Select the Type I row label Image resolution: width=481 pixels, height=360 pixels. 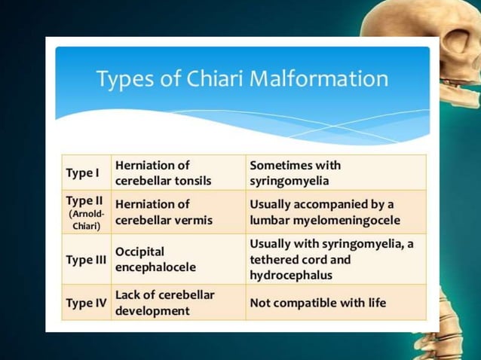pyautogui.click(x=83, y=173)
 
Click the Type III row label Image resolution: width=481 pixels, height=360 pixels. pyautogui.click(x=86, y=260)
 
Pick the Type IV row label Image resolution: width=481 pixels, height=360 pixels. pyautogui.click(x=86, y=303)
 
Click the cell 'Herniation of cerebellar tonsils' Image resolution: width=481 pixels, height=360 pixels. pyautogui.click(x=162, y=173)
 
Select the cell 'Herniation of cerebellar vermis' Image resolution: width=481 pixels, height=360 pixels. pyautogui.click(x=163, y=212)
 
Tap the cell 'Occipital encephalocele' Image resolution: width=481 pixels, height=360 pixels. pyautogui.click(x=155, y=260)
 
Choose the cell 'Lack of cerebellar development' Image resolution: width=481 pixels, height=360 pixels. pyautogui.click(x=164, y=303)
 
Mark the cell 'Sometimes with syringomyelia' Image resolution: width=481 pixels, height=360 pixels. pyautogui.click(x=295, y=173)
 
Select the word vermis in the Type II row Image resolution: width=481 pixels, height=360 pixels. pyautogui.click(x=193, y=221)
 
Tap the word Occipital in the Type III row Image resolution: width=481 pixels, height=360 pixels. pyautogui.click(x=139, y=252)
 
